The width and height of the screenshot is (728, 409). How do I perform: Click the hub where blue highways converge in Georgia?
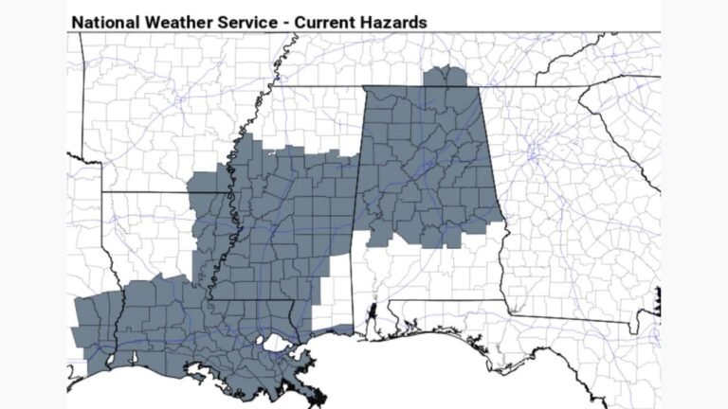534,151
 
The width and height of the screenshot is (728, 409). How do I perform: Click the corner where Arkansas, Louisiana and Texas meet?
101,192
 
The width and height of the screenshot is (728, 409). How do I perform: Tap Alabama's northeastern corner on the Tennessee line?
481,88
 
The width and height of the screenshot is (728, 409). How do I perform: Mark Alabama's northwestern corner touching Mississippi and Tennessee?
364,88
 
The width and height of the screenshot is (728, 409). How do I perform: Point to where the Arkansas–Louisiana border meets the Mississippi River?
227,192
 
